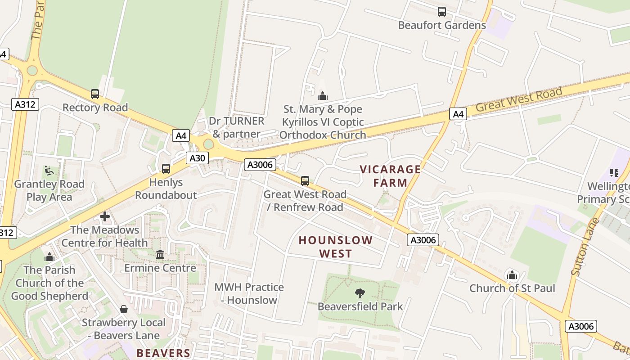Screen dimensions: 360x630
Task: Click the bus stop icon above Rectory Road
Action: [95, 94]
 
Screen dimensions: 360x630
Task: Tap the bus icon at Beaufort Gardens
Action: [442, 12]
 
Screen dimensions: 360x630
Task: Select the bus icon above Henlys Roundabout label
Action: [166, 169]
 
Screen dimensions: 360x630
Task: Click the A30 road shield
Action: [197, 158]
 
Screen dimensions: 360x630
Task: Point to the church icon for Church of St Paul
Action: [512, 274]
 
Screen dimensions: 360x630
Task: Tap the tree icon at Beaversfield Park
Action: [360, 293]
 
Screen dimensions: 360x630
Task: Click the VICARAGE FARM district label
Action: [390, 176]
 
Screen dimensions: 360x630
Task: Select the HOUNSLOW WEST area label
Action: [336, 247]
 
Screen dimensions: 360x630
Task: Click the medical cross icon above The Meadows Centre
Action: [105, 216]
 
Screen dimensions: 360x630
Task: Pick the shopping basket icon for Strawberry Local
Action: [124, 309]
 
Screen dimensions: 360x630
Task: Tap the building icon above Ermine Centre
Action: [160, 255]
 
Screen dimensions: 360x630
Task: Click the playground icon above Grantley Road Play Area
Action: [49, 171]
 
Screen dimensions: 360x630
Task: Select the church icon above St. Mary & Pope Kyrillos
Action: [322, 96]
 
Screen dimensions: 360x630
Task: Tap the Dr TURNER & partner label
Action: [236, 127]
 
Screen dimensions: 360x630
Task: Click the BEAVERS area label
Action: [163, 353]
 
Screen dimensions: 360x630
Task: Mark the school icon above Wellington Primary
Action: [614, 172]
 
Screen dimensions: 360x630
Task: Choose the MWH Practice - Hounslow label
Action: [249, 293]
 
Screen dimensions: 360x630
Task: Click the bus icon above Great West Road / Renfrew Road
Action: [305, 181]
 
